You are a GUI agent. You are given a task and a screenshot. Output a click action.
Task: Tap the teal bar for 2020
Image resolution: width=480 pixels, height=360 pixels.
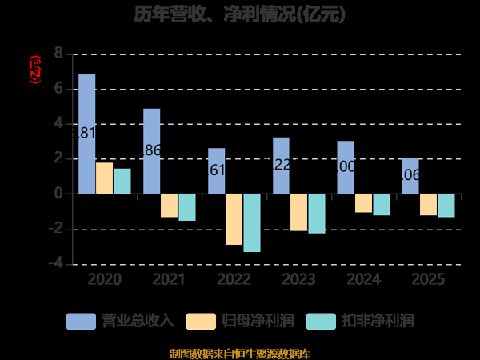122,182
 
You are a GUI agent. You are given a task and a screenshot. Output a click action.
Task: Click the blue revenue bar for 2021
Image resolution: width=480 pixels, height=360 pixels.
152,151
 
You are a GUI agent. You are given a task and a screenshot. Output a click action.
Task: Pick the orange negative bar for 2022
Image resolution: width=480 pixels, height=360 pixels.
234,219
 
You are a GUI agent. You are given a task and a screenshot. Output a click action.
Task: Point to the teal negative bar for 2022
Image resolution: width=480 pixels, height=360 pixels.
252,223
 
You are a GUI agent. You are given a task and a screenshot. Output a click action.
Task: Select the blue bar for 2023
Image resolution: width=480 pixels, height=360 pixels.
281,166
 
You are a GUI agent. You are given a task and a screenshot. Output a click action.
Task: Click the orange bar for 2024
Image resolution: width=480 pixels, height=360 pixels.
363,203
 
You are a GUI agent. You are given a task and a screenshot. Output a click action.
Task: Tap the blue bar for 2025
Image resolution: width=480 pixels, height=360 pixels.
410,176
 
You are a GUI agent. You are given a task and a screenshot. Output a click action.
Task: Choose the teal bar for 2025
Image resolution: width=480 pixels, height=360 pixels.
446,206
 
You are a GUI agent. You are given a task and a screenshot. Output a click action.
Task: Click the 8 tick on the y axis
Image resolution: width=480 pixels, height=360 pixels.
58,54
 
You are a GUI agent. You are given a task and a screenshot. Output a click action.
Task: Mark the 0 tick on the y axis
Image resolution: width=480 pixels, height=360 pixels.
58,194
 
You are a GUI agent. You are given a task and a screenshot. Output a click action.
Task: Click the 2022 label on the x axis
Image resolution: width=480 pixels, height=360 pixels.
234,280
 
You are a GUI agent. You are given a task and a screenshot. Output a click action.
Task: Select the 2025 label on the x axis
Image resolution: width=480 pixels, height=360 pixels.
428,280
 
